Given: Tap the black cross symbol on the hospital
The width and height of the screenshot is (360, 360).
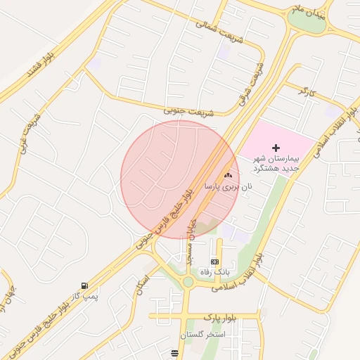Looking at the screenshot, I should [276, 148].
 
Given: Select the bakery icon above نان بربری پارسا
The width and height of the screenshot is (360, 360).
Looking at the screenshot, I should [226, 175].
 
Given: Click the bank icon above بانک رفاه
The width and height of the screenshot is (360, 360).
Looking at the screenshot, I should [214, 262].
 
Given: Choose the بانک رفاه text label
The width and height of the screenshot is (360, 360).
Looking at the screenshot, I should [214, 271].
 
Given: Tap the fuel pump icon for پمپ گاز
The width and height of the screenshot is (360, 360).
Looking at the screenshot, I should [85, 285].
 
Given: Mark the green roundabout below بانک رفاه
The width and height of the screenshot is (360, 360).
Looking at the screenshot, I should [188, 283].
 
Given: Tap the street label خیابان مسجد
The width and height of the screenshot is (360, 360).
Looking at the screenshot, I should [189, 241].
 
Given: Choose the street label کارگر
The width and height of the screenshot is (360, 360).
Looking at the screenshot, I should [303, 91].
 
